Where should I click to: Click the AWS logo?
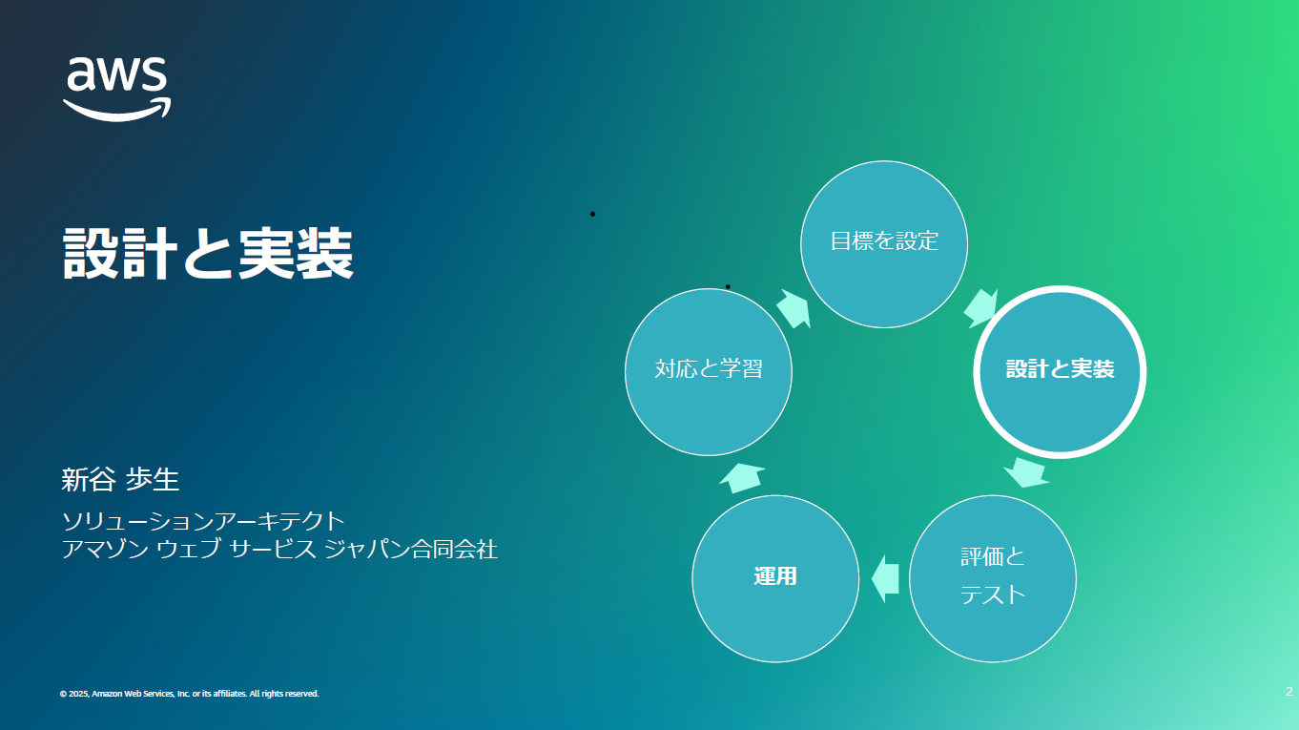(117, 89)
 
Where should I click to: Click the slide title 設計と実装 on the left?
(208, 254)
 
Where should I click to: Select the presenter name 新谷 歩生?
(120, 480)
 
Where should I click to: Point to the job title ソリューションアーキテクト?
(203, 521)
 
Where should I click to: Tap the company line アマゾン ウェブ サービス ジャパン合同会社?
(279, 549)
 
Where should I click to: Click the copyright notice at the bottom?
(189, 694)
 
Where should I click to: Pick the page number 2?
(1289, 691)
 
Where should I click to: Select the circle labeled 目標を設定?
(884, 244)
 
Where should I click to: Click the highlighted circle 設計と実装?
(1060, 372)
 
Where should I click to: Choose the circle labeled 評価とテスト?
(992, 578)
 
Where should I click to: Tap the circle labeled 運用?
(775, 578)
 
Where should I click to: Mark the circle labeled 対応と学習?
(708, 372)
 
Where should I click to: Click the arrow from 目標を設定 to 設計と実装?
(980, 308)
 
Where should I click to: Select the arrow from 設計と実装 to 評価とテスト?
(1026, 472)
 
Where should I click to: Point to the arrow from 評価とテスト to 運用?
(885, 578)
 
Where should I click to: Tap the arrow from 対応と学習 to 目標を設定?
(794, 308)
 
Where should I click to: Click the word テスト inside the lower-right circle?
(992, 594)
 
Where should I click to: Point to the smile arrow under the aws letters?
(117, 110)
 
